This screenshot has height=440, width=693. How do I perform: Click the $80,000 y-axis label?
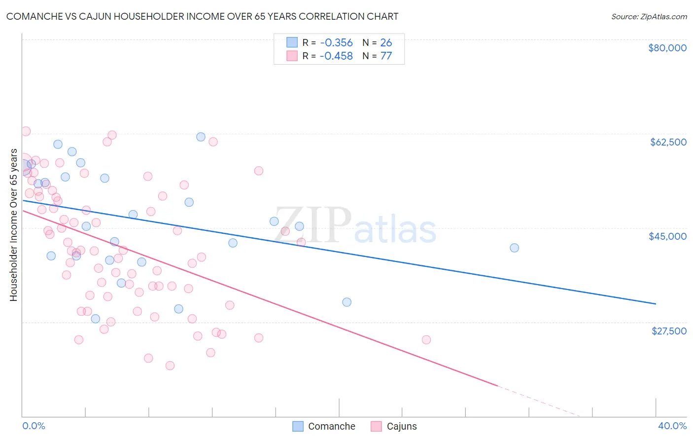(x=667, y=48)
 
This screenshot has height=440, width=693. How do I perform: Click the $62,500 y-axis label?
(x=668, y=142)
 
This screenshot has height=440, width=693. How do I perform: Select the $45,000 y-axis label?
(x=667, y=236)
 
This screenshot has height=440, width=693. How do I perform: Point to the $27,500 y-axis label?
(x=669, y=331)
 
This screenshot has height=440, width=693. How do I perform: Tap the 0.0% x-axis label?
(x=34, y=426)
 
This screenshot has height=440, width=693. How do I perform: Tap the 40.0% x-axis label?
(x=672, y=426)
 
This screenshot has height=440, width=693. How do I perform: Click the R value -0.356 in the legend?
(x=336, y=42)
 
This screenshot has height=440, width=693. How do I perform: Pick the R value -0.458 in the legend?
(x=336, y=56)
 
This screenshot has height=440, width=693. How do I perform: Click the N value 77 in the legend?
(x=386, y=56)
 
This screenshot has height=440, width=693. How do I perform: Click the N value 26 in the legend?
(x=386, y=42)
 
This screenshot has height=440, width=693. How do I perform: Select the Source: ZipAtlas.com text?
(x=649, y=16)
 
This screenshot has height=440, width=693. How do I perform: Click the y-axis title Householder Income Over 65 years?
(x=13, y=225)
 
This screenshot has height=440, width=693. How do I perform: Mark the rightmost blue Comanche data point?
(x=514, y=248)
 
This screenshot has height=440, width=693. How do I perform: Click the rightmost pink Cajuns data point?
(x=426, y=339)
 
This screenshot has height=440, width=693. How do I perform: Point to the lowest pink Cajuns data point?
(x=170, y=366)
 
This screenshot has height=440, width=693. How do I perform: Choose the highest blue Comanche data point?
(x=201, y=137)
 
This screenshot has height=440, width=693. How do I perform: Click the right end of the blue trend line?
(x=656, y=304)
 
